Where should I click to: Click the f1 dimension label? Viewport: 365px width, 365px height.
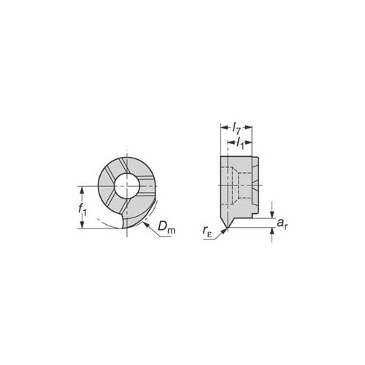82,210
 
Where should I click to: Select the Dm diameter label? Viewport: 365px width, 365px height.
166,228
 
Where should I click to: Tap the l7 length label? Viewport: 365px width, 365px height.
237,128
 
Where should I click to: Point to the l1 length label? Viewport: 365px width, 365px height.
240,142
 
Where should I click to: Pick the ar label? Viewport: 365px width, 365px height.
283,223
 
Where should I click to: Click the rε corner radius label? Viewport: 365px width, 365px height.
207,231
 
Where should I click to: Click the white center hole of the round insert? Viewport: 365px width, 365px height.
127,185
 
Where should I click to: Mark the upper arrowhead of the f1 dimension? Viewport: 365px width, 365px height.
82,190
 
